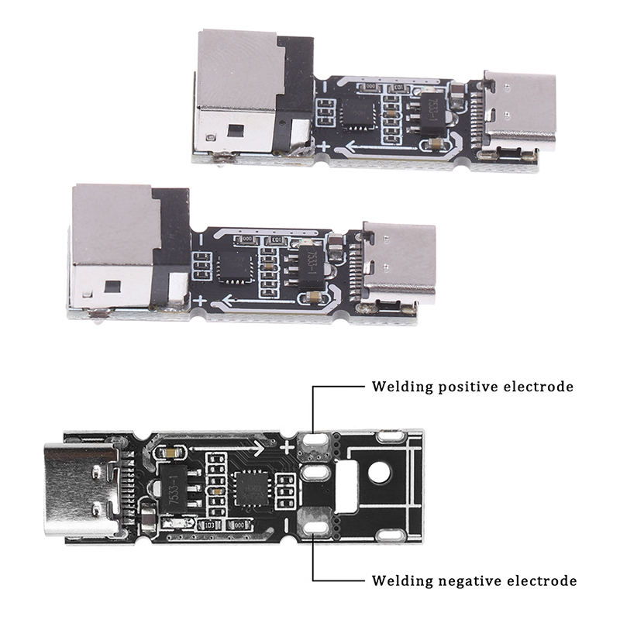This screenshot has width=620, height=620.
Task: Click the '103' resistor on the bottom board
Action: [x=208, y=525]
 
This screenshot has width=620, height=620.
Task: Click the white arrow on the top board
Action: [x=364, y=146]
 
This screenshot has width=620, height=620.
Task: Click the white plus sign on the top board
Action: [x=323, y=146]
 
